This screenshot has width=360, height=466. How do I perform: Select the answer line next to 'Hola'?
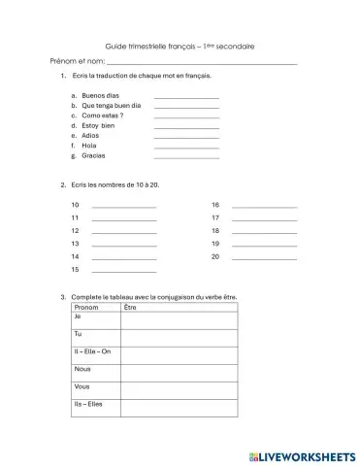coord(186,147)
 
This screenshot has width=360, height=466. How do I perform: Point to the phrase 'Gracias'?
coord(94,155)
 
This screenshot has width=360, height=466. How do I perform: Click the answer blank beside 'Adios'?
coord(186,136)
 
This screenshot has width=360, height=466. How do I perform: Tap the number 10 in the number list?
coord(76,205)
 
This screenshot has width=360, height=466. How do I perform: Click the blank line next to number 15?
coord(123,270)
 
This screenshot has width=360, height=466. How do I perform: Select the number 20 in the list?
coord(215,256)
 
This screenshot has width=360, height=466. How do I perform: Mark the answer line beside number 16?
coord(264,207)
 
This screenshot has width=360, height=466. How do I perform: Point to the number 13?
coord(76,244)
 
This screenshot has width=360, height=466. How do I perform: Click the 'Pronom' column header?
coord(86,307)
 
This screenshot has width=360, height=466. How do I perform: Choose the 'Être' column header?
coord(131,307)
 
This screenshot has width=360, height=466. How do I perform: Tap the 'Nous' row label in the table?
coord(82,369)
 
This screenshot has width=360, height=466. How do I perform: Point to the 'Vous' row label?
coord(82,386)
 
